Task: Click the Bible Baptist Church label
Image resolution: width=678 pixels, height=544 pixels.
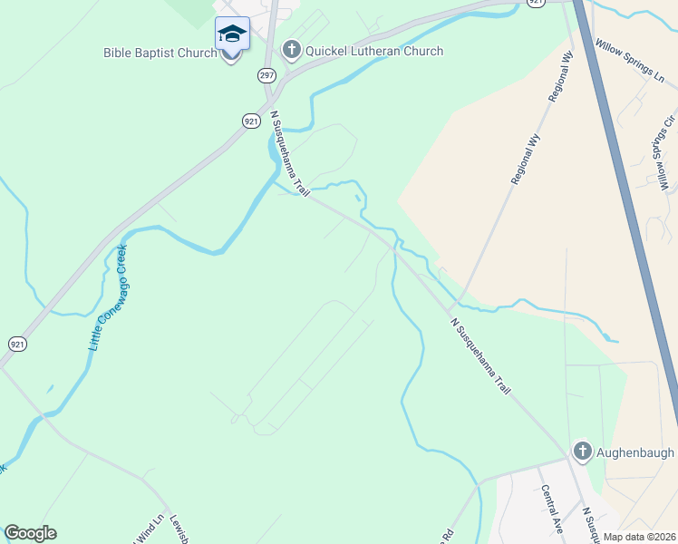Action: (160, 53)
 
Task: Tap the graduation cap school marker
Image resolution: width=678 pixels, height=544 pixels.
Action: (231, 34)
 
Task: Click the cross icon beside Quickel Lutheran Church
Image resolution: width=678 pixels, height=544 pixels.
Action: (291, 50)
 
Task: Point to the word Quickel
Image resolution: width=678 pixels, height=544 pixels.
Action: (330, 51)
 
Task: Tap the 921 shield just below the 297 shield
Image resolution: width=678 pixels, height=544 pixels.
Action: (251, 120)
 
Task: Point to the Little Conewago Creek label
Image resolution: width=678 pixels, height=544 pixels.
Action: (110, 298)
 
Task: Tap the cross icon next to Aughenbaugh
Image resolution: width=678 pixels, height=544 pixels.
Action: (581, 451)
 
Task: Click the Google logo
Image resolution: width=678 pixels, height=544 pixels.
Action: (30, 533)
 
